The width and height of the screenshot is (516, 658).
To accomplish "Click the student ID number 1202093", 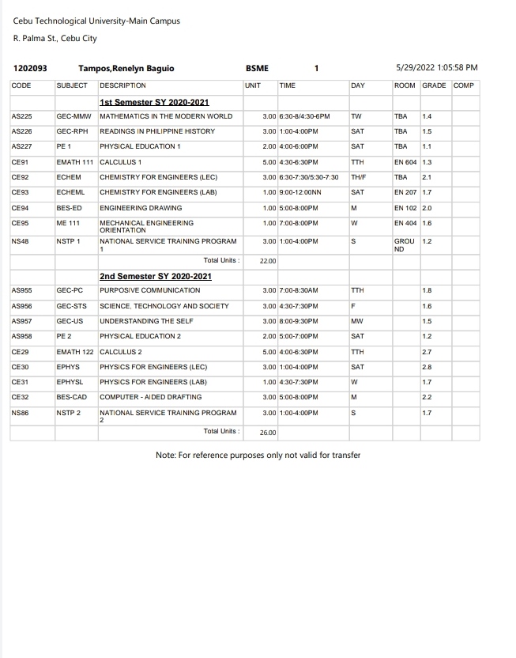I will pyautogui.click(x=31, y=69).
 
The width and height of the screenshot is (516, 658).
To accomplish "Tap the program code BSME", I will pyautogui.click(x=258, y=69).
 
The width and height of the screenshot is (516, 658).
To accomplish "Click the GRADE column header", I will pyautogui.click(x=434, y=85).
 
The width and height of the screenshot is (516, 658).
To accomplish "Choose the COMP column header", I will pyautogui.click(x=464, y=85).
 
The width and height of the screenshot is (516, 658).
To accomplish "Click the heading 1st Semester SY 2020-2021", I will pyautogui.click(x=154, y=103).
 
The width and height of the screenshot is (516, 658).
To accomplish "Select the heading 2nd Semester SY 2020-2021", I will pyautogui.click(x=156, y=277).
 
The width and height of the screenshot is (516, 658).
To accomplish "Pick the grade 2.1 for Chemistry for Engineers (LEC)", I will pyautogui.click(x=427, y=177).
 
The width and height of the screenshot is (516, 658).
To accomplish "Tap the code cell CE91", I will pyautogui.click(x=21, y=162).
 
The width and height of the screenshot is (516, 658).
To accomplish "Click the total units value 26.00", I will pyautogui.click(x=268, y=433).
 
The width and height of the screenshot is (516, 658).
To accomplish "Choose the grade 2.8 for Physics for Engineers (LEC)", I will pyautogui.click(x=427, y=367).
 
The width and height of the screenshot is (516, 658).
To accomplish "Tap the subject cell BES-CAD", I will pyautogui.click(x=71, y=397).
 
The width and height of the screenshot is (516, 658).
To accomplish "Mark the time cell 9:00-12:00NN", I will pyautogui.click(x=299, y=192).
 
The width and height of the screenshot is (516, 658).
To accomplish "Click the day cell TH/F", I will pyautogui.click(x=359, y=177).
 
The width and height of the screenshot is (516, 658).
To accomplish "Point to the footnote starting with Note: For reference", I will pyautogui.click(x=258, y=455).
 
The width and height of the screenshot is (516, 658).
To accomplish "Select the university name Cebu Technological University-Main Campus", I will pyautogui.click(x=96, y=21).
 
